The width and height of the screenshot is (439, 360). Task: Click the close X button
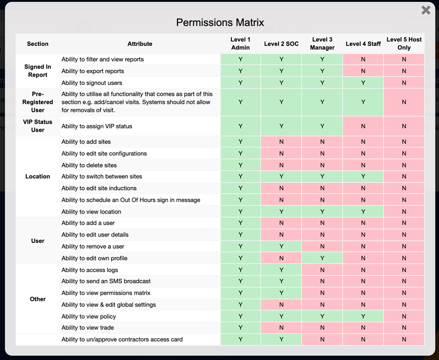[x=426, y=10]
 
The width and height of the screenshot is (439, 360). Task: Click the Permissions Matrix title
[x=220, y=22]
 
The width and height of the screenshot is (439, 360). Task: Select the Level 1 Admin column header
[x=241, y=44]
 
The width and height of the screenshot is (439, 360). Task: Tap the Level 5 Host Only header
[x=404, y=44]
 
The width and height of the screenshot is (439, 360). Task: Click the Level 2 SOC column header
[x=281, y=44]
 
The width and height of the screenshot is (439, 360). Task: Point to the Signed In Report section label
[x=38, y=71]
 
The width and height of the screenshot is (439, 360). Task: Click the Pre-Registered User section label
[x=38, y=102]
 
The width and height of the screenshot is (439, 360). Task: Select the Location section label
[x=38, y=177]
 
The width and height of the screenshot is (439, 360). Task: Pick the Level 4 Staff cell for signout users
[x=363, y=83]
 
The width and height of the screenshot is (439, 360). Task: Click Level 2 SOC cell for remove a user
[x=281, y=246]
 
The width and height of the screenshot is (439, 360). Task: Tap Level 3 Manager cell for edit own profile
[x=322, y=258]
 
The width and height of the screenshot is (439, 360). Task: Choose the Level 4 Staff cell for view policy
[x=363, y=316]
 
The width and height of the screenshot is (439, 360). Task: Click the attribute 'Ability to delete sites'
[x=89, y=165]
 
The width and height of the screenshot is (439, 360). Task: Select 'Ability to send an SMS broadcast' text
[x=106, y=281]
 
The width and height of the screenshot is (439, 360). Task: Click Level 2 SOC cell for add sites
[x=281, y=142]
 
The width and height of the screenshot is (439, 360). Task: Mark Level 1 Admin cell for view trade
[x=241, y=328]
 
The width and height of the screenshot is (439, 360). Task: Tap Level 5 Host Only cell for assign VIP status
[x=404, y=126]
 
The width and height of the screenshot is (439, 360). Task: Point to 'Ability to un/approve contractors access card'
[x=122, y=339]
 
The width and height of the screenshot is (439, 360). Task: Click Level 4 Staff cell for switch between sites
[x=363, y=177]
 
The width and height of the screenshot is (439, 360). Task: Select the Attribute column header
[x=140, y=44]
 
